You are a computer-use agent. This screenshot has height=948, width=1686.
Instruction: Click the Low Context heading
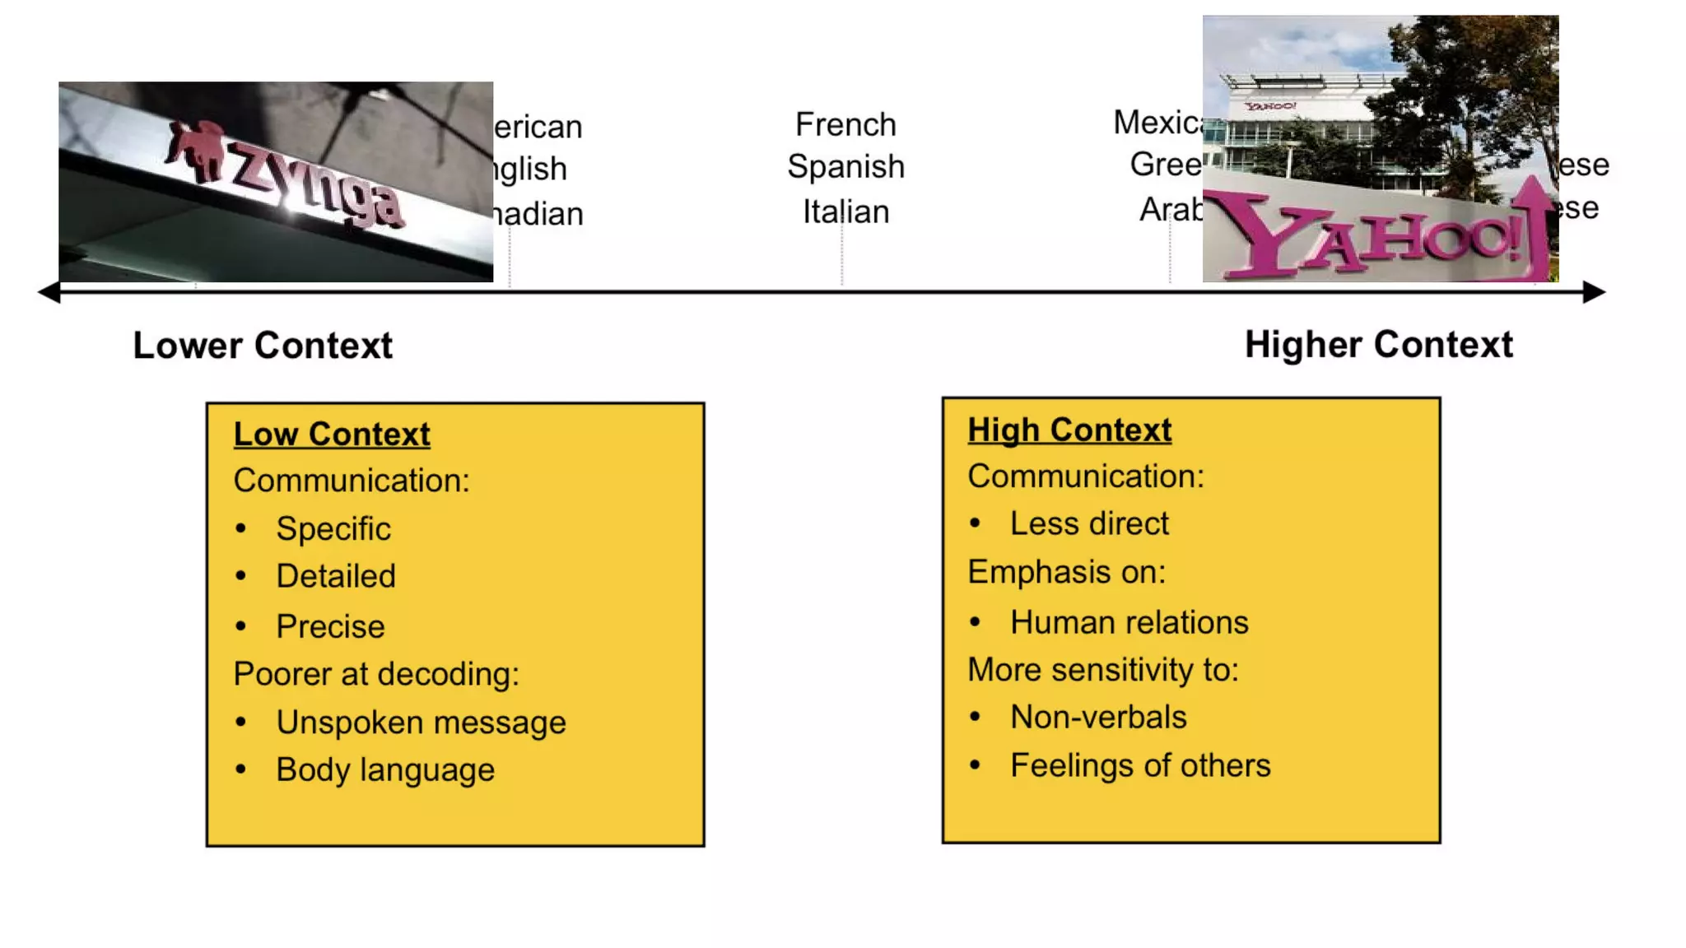331,434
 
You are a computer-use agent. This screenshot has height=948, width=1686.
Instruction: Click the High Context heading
1069,430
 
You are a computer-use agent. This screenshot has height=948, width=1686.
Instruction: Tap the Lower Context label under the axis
263,346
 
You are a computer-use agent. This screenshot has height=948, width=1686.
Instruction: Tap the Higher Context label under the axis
1378,345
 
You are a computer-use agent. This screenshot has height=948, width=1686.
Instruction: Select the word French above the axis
845,125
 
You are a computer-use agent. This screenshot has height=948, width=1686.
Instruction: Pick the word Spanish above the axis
845,167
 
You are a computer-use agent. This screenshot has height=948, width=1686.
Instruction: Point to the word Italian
845,212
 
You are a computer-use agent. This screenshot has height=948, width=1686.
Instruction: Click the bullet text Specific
333,529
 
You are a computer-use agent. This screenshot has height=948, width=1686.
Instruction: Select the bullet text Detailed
336,577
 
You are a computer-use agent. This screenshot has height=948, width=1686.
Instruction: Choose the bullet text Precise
330,627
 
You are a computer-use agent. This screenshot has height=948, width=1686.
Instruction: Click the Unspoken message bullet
421,723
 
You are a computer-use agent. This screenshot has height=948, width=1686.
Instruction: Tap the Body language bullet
385,770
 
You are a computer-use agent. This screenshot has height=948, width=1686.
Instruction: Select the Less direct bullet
1089,524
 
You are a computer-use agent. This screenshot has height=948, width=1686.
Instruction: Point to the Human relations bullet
1129,623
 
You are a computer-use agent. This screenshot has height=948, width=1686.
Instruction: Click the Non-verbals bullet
1098,718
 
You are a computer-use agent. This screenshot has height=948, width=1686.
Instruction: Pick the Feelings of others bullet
1140,766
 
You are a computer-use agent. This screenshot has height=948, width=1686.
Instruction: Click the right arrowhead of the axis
1594,292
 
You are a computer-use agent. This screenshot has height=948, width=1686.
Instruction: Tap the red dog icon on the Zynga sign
196,149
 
